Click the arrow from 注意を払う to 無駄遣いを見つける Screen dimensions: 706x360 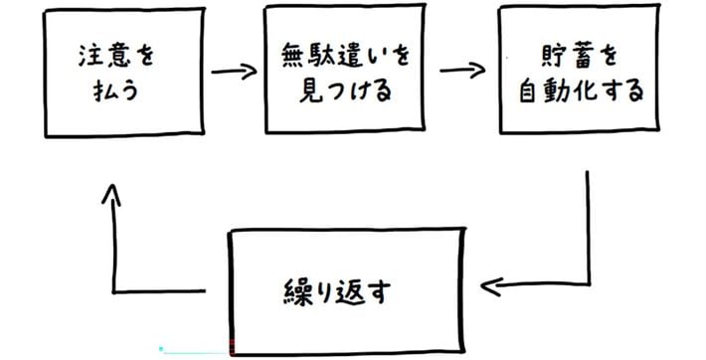click(234, 72)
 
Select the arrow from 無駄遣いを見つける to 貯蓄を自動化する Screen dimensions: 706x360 click(462, 71)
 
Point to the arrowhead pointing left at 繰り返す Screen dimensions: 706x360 click(491, 286)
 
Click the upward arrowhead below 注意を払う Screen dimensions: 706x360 click(111, 194)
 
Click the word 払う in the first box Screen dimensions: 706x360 click(115, 90)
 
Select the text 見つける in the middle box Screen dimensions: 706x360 click(345, 90)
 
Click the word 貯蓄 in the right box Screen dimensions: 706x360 click(567, 56)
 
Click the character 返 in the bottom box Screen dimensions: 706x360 click(349, 292)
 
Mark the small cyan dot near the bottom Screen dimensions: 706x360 click(161, 348)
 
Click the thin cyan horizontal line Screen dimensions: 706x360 click(196, 353)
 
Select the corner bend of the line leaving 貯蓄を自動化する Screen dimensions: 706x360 click(589, 283)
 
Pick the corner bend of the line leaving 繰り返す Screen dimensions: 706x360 click(114, 291)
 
